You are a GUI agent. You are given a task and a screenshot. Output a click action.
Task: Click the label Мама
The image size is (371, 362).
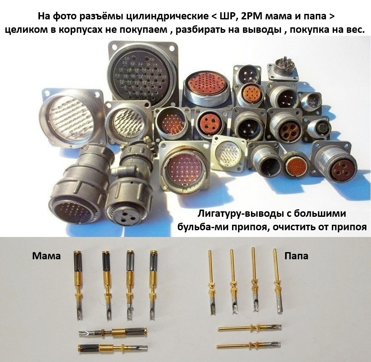46,256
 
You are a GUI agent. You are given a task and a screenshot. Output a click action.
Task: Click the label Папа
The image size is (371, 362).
296,256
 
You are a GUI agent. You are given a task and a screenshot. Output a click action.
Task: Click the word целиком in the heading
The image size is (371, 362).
23,30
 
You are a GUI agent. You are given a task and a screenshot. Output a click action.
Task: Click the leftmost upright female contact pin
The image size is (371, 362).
78,285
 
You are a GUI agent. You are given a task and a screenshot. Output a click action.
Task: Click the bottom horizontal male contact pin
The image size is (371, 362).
249,345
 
